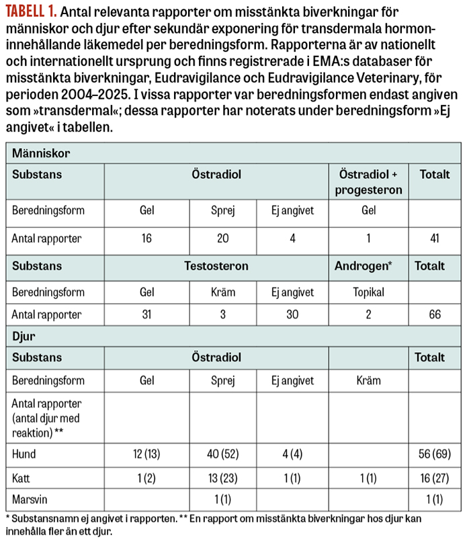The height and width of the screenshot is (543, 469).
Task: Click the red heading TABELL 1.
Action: [x=30, y=12]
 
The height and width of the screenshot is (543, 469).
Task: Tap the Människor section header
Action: [x=41, y=153]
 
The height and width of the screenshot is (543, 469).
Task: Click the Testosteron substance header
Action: [x=216, y=265]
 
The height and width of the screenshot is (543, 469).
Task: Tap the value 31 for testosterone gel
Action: [x=146, y=315]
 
